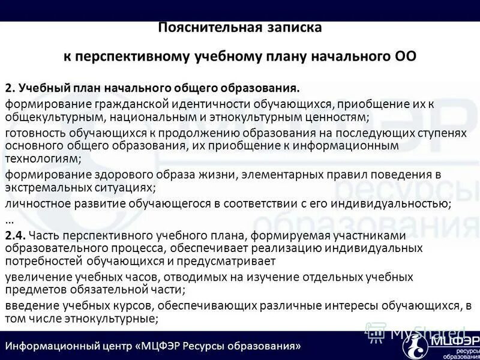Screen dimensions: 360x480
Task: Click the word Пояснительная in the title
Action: tap(197, 28)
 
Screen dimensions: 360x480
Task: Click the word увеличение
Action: tap(37, 277)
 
